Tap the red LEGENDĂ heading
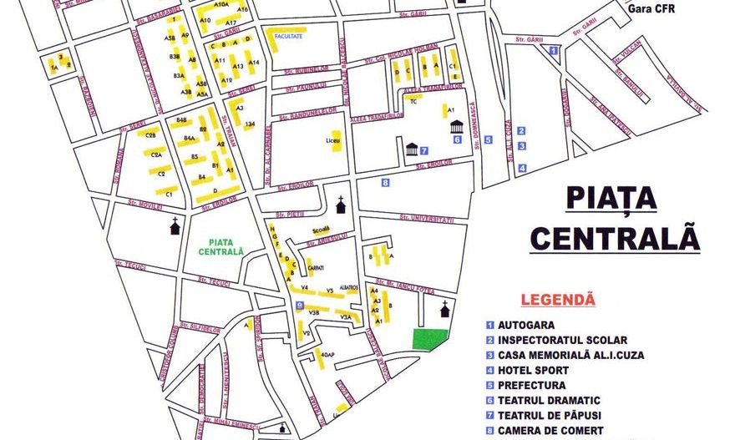557,298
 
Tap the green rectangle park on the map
430,339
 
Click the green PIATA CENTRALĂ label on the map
221,246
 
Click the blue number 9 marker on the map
300,306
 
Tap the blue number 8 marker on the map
385,182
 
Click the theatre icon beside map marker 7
411,149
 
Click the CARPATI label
315,268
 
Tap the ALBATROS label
348,288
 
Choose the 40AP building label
327,355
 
